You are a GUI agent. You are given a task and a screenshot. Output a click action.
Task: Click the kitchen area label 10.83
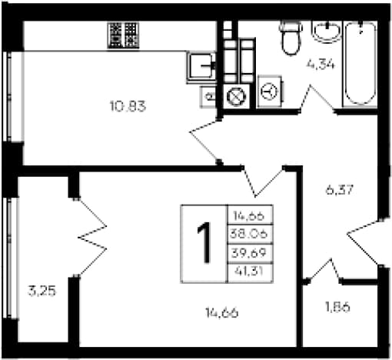[x=128, y=106]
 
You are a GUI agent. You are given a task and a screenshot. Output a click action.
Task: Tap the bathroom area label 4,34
[x=321, y=65]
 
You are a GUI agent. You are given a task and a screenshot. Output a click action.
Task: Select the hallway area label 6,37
[x=340, y=190]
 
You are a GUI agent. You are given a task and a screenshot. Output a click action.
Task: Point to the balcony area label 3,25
[x=42, y=292]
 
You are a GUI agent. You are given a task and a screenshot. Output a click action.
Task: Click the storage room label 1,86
[x=337, y=307]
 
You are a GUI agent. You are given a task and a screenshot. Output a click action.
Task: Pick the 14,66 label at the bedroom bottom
[x=222, y=312]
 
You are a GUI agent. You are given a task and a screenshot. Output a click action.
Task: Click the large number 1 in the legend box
[x=204, y=243]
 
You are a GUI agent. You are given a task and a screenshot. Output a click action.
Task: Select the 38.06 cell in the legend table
[x=250, y=234]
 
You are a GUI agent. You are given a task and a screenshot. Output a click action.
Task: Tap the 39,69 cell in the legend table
[x=250, y=253]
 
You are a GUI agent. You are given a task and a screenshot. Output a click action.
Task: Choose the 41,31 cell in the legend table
[x=250, y=272]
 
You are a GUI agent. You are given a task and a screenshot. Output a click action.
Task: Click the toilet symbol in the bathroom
[x=291, y=38]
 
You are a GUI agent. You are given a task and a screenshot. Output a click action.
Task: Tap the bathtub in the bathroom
[x=360, y=64]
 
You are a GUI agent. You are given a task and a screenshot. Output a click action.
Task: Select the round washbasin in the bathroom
[x=327, y=32]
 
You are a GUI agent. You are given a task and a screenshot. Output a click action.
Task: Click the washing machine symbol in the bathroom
[x=270, y=92]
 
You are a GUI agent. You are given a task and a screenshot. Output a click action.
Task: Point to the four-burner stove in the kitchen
[x=123, y=35]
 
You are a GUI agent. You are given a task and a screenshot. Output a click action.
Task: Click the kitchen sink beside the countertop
[x=201, y=66]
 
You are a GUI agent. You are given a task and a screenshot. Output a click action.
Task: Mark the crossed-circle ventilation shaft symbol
[x=237, y=96]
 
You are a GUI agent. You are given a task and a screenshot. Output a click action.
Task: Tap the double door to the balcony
[x=92, y=238]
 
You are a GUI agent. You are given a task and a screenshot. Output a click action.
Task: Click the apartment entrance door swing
[x=364, y=241]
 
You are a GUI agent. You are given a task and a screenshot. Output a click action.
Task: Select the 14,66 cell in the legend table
[x=250, y=215]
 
